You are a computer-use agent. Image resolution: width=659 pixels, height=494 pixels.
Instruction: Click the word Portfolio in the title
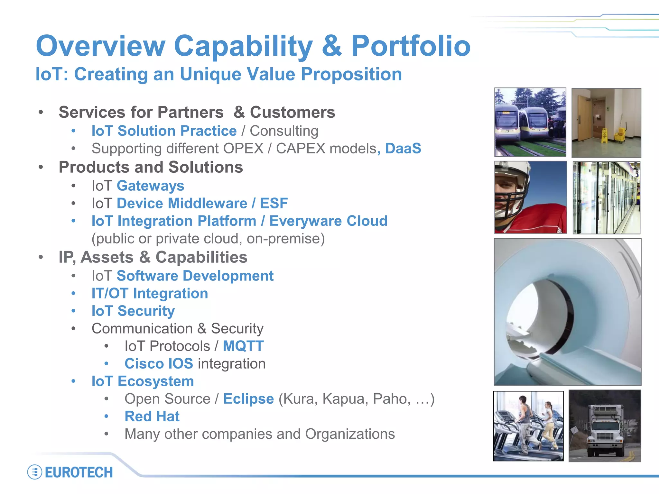point(411,46)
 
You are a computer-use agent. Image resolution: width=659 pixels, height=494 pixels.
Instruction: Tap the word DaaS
point(403,149)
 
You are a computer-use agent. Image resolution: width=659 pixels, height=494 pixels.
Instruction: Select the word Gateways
point(150,186)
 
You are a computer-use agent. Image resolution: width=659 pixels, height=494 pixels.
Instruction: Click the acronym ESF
point(274,204)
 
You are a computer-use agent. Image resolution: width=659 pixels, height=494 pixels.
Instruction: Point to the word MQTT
point(243,346)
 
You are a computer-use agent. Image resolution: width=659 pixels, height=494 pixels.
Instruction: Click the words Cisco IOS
point(159,364)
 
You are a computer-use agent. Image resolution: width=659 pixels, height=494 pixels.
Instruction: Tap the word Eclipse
point(248,399)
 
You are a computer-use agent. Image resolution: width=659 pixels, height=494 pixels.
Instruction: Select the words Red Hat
point(152,416)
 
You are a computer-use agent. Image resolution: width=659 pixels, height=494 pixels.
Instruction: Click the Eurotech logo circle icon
point(35,472)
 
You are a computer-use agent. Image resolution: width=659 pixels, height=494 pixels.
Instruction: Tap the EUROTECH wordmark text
point(79,472)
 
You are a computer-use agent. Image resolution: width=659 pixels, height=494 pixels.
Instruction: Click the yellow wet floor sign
point(604,136)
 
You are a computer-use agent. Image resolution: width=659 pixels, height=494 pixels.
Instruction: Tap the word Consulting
point(284,131)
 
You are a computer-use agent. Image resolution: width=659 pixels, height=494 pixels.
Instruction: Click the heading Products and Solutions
point(151,167)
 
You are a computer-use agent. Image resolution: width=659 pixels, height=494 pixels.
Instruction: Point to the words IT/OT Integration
point(150,294)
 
